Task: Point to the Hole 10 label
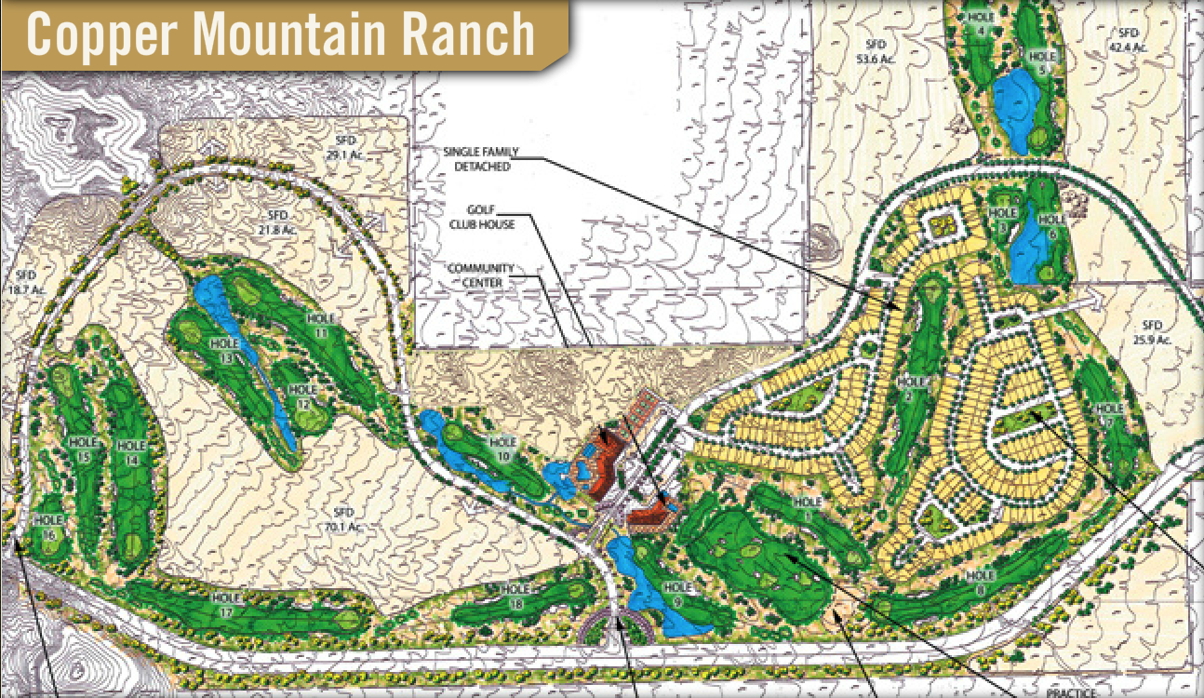(502, 448)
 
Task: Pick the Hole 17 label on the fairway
(226, 604)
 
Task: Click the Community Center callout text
(480, 275)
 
